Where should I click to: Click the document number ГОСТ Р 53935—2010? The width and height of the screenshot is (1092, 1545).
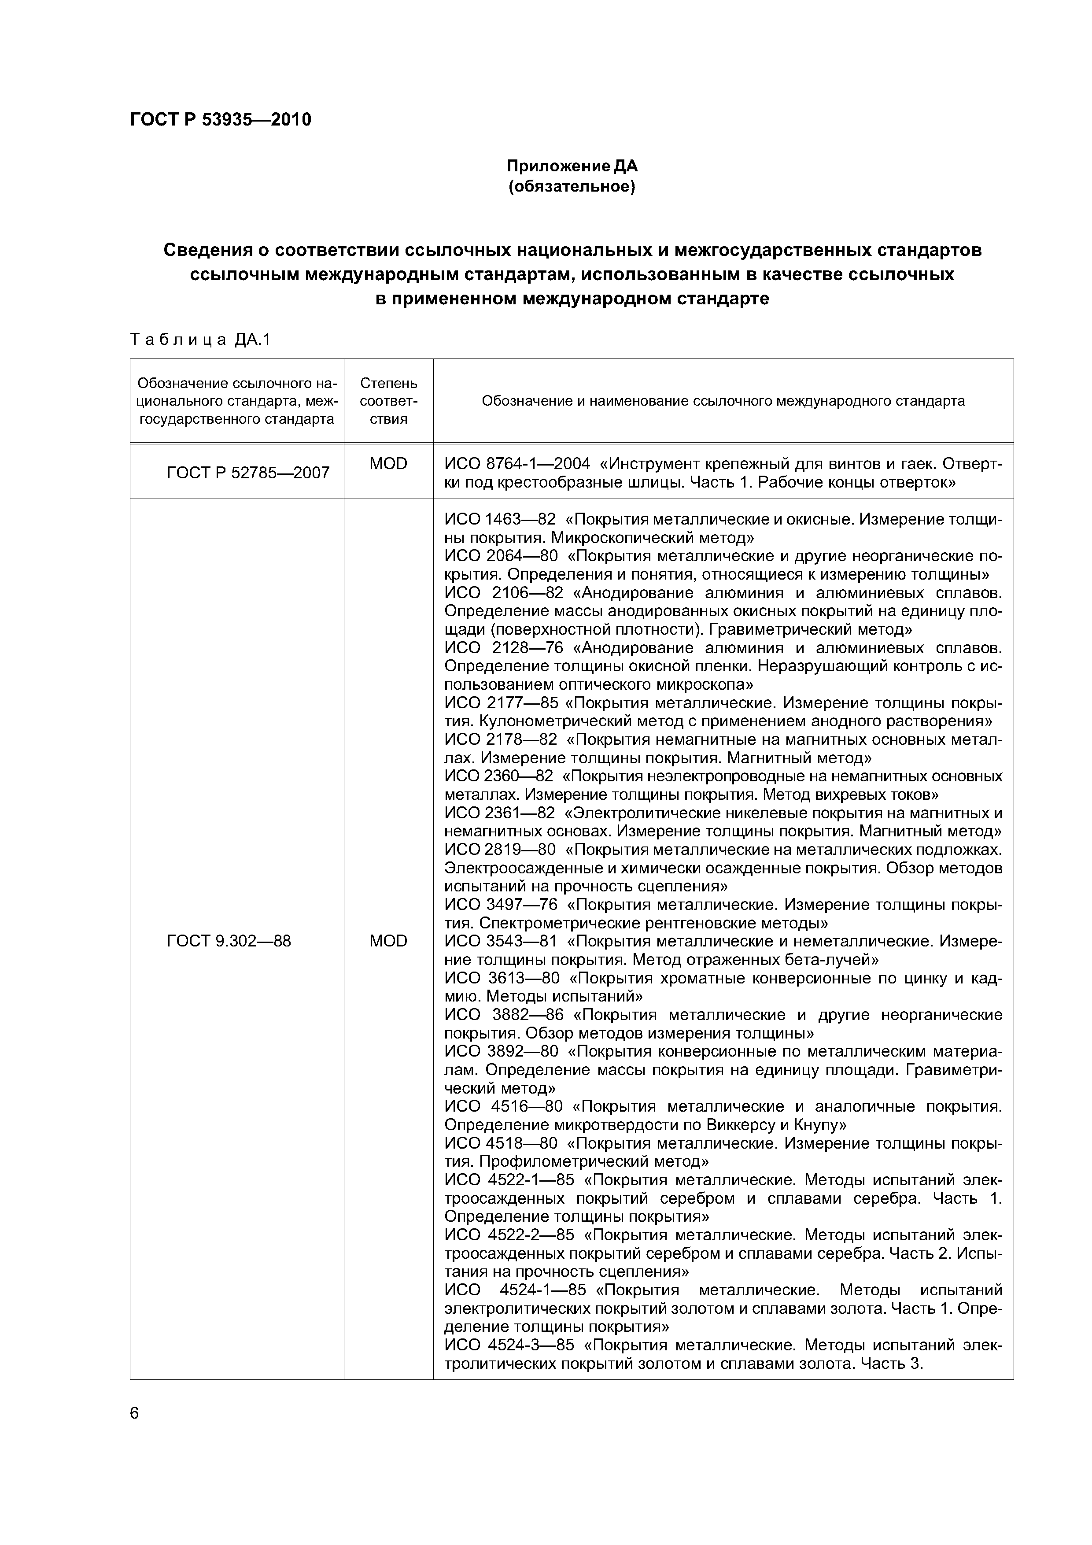pos(221,120)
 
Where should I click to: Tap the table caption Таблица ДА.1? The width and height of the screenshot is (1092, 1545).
pos(200,340)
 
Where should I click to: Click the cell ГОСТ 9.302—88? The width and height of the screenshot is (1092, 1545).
pos(229,941)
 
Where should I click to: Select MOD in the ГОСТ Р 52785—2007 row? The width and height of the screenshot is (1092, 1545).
pos(388,464)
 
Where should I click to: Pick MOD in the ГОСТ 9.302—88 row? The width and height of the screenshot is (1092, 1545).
pos(388,941)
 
